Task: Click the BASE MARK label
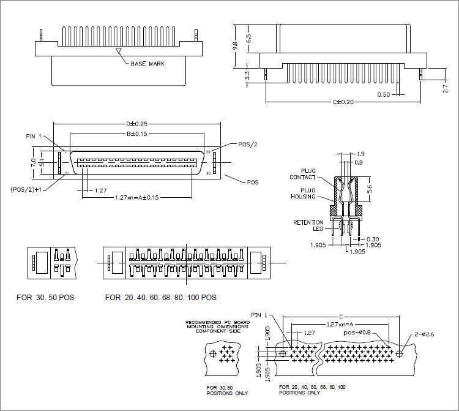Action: pyautogui.click(x=147, y=63)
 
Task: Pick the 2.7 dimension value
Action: pyautogui.click(x=446, y=89)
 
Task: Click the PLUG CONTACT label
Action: pyautogui.click(x=304, y=173)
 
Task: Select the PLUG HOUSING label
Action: pyautogui.click(x=304, y=193)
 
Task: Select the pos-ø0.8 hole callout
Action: pyautogui.click(x=358, y=333)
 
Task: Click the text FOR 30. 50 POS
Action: pyautogui.click(x=45, y=298)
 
